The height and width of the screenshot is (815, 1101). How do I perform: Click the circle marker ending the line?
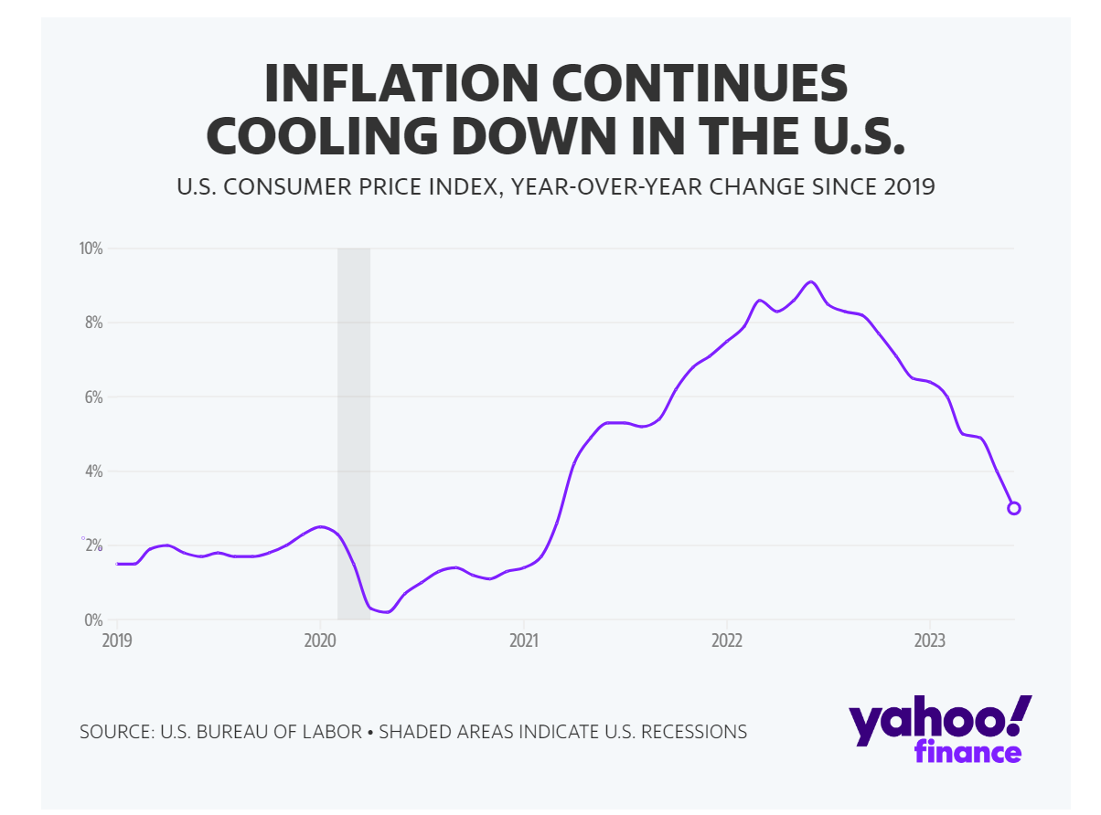tap(1013, 508)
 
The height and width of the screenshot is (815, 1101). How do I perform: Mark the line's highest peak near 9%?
tap(810, 281)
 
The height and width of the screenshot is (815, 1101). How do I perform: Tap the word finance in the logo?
tap(967, 753)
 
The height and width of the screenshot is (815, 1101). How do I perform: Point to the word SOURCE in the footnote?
tap(115, 732)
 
